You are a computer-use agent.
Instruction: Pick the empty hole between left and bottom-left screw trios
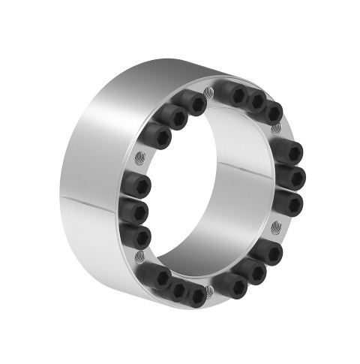pyautogui.click(x=139, y=255)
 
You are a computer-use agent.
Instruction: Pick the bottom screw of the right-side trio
pyautogui.click(x=289, y=203)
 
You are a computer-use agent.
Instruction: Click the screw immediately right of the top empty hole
pyautogui.click(x=235, y=95)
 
